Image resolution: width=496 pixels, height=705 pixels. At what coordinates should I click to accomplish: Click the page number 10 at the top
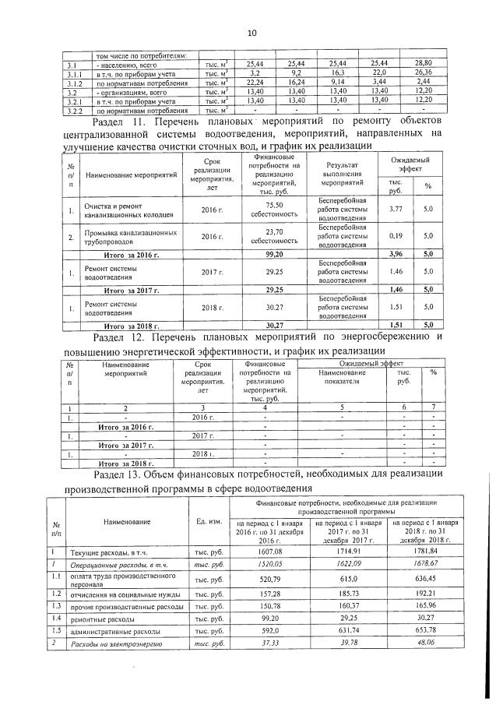(251, 33)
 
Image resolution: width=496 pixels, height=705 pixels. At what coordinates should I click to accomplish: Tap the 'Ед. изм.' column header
(206, 521)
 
